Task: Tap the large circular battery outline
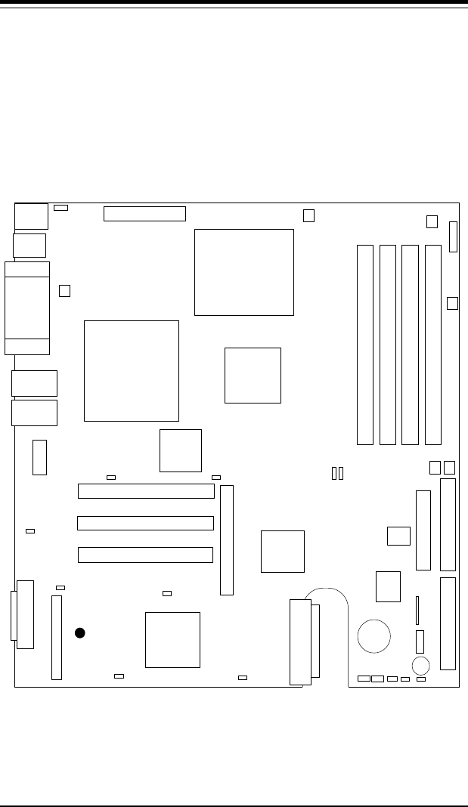[374, 635]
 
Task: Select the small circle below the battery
[421, 665]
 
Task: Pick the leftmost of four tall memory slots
[365, 344]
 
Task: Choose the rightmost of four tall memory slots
[432, 344]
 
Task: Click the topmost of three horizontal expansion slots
[147, 491]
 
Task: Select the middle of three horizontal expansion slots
[145, 523]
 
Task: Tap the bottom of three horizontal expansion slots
[145, 555]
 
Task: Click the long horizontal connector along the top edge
[144, 213]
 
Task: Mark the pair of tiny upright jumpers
[338, 473]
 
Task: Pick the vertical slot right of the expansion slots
[227, 540]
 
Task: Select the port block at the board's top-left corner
[31, 216]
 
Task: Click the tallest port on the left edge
[27, 308]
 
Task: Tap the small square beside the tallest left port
[65, 290]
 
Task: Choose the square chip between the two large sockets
[253, 375]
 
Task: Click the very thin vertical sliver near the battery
[417, 610]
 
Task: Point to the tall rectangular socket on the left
[132, 370]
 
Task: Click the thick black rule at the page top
[234, 3]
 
